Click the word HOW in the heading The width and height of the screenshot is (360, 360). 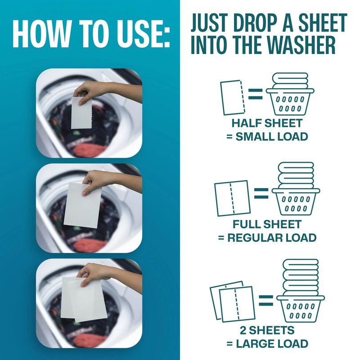pyautogui.click(x=39, y=34)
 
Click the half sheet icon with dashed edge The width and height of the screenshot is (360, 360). pyautogui.click(x=233, y=97)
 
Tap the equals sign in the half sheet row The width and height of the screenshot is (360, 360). pyautogui.click(x=255, y=94)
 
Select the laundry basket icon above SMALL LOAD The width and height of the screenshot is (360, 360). pyautogui.click(x=290, y=94)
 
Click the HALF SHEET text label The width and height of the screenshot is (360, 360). pyautogui.click(x=267, y=123)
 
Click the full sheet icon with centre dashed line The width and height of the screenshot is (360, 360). pyautogui.click(x=232, y=198)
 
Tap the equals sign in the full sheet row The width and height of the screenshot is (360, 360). pyautogui.click(x=261, y=193)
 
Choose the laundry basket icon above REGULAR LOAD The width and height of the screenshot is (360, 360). pyautogui.click(x=296, y=189)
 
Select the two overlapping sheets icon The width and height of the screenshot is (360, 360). pyautogui.click(x=233, y=301)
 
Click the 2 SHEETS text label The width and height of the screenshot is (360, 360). pyautogui.click(x=267, y=330)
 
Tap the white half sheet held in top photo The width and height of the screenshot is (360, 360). pyautogui.click(x=81, y=112)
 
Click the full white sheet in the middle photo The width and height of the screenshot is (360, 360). pyautogui.click(x=82, y=205)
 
